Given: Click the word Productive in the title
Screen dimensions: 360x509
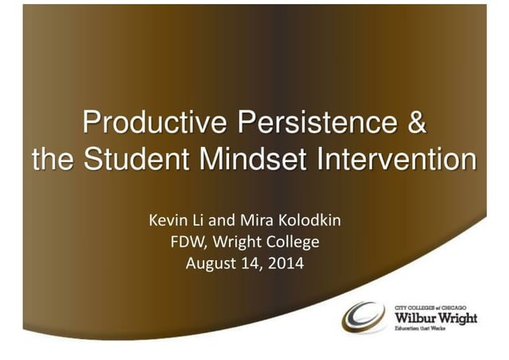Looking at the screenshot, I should click(143, 125).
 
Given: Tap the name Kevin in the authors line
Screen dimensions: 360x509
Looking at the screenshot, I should click(168, 218).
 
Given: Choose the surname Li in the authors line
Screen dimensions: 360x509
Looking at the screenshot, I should click(198, 218).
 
